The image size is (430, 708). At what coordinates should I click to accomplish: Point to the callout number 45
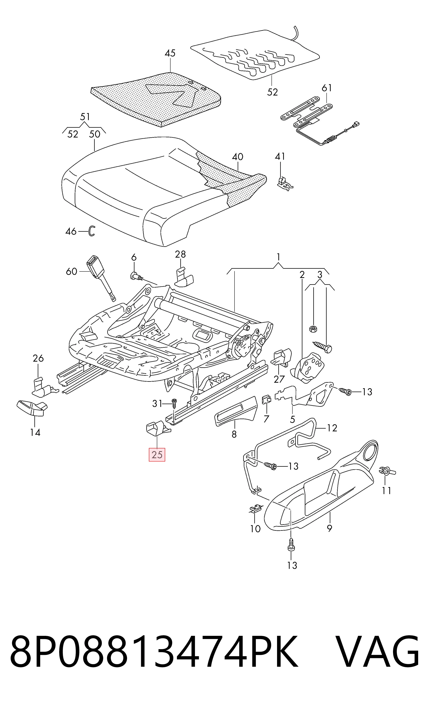pyautogui.click(x=170, y=53)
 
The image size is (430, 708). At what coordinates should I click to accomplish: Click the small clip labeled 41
pyautogui.click(x=284, y=183)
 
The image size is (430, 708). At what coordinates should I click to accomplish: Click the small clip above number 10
pyautogui.click(x=255, y=509)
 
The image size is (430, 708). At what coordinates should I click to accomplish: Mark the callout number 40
pyautogui.click(x=237, y=157)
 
